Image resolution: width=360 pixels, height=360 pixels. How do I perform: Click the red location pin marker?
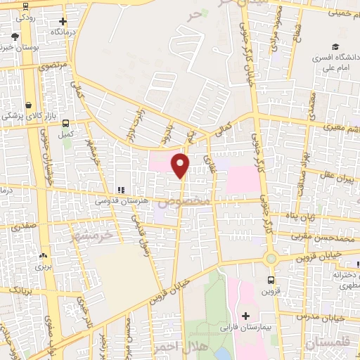181,165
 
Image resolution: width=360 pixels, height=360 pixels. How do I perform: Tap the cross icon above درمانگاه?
63,22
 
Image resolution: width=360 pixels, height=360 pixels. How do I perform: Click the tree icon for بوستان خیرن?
15,35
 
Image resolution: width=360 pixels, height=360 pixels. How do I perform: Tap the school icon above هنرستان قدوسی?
121,189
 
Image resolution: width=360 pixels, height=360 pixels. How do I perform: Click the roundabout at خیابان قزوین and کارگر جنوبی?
271,259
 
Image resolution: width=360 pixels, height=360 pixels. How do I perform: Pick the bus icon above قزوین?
269,279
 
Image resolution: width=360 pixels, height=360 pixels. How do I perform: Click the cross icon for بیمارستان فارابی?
245,315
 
